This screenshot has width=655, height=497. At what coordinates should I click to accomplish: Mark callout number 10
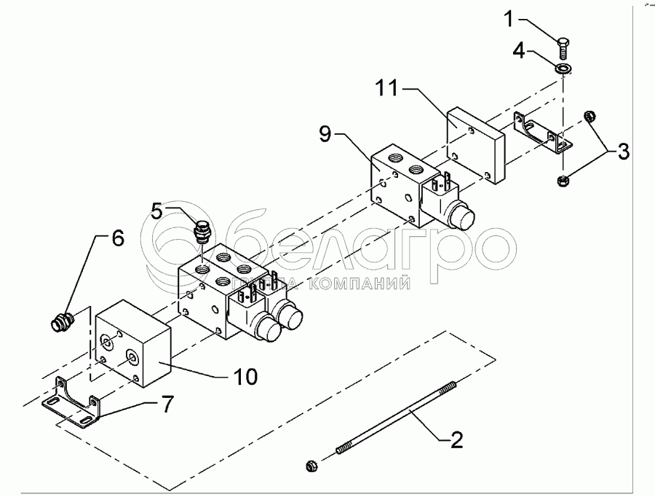(x=245, y=376)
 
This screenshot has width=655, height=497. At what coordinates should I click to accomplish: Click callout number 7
(x=167, y=404)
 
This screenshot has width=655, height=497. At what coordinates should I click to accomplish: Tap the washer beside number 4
(x=562, y=69)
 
